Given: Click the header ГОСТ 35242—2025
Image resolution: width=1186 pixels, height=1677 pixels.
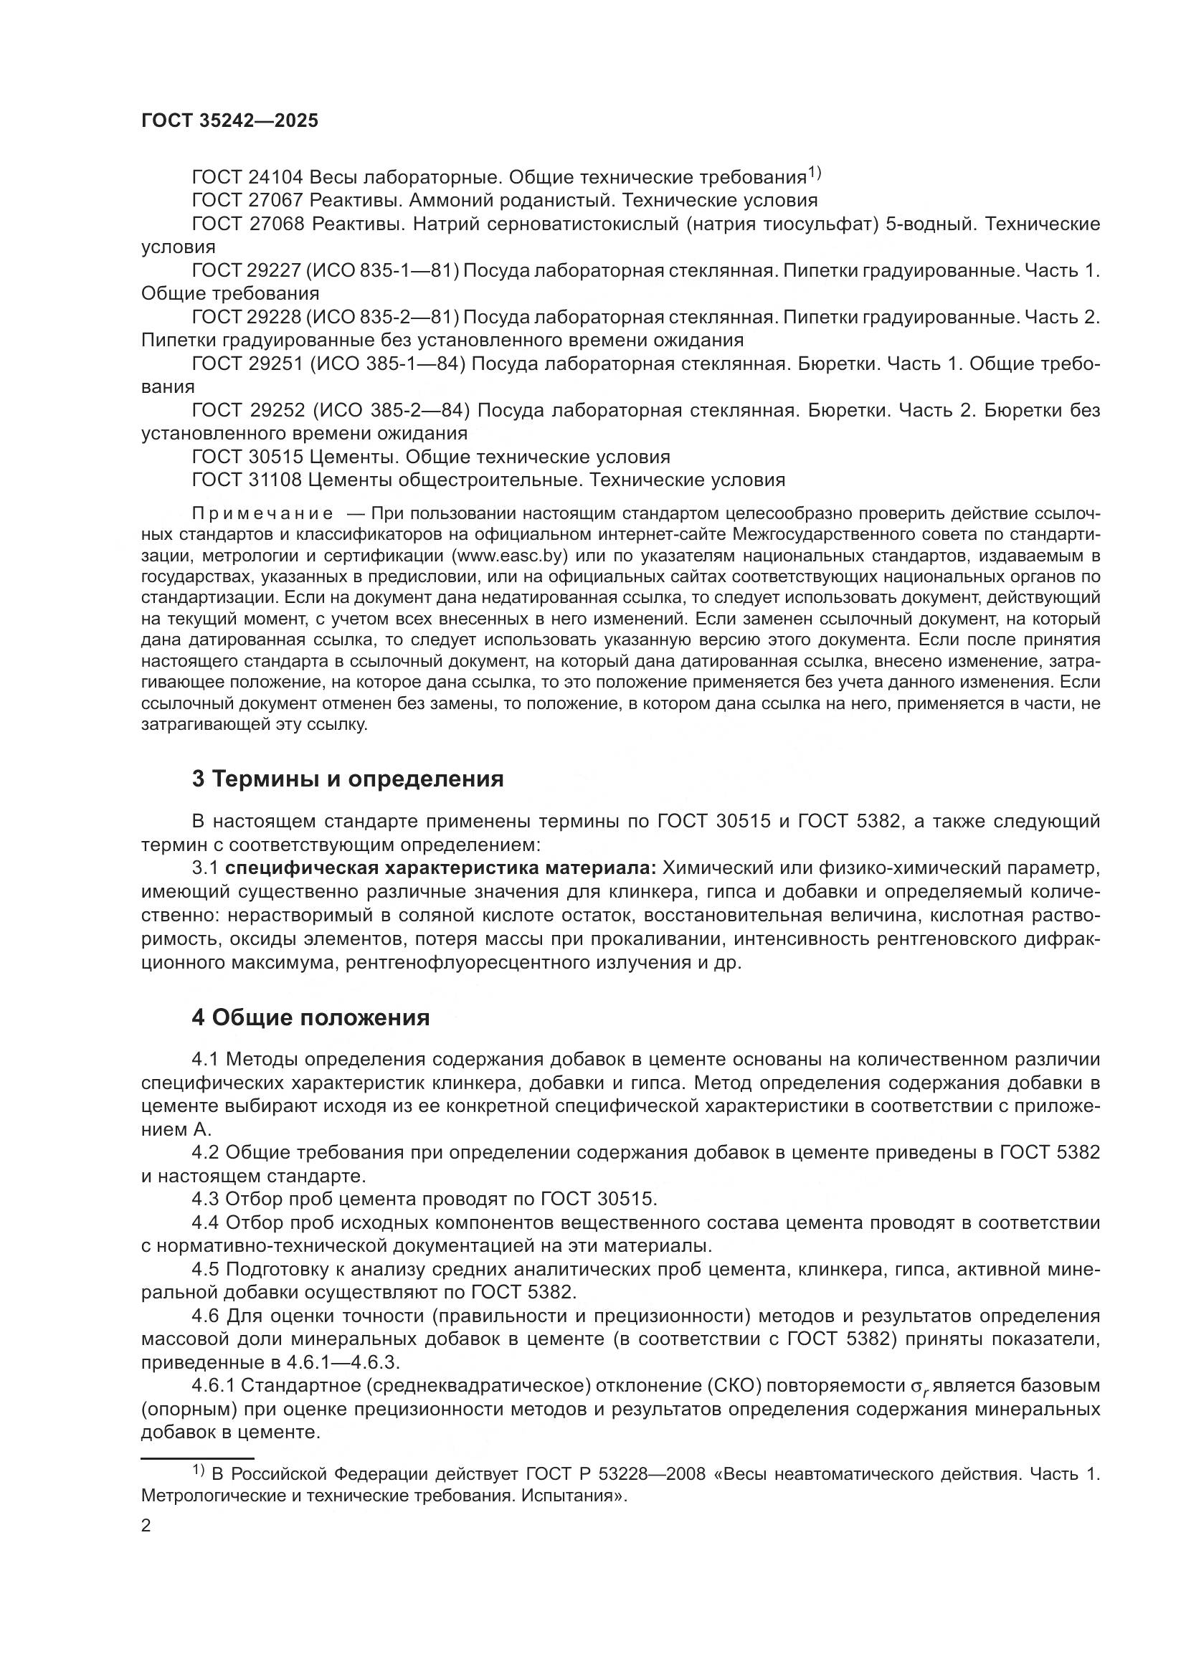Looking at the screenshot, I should pos(229,121).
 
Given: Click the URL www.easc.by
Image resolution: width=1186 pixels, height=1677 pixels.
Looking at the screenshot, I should pos(510,556).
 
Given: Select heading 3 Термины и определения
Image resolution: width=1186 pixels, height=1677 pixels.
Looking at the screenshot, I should pos(348,779).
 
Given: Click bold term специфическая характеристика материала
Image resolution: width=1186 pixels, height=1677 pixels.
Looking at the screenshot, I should pos(441,868).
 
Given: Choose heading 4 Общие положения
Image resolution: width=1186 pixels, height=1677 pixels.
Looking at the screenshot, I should pos(310,1017).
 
